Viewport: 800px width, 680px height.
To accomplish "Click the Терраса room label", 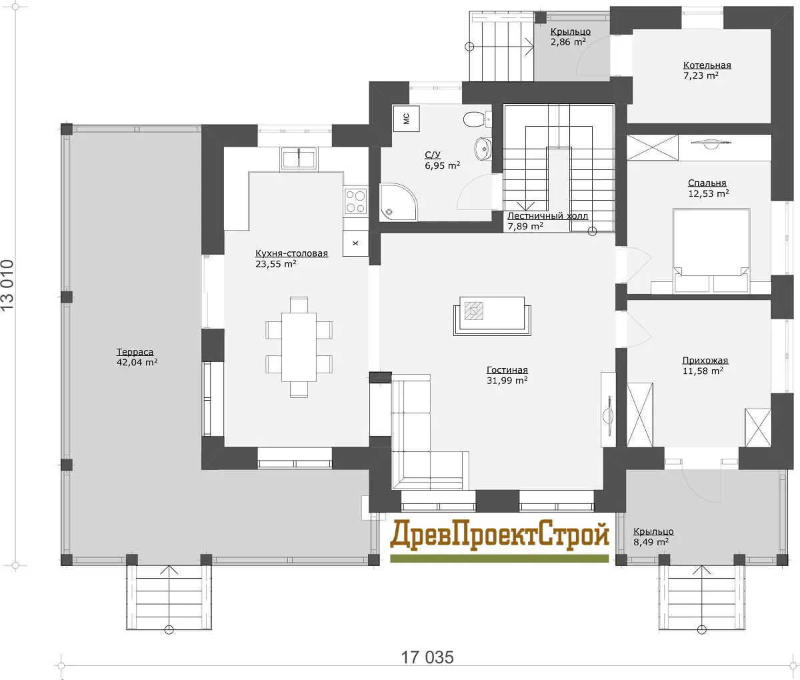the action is (135, 352).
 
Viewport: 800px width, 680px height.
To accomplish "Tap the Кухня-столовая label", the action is (291, 253).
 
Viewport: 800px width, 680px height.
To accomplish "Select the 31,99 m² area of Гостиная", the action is (507, 380).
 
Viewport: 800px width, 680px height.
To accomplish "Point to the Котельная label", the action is (707, 65).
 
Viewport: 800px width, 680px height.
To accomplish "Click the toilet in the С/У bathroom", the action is (475, 119).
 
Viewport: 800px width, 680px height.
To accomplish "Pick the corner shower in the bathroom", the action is (398, 202).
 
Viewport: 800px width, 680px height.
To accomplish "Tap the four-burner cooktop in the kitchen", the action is (356, 201).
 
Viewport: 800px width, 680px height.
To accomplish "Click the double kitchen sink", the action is (299, 159).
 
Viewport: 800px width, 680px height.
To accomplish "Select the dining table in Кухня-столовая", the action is (299, 347).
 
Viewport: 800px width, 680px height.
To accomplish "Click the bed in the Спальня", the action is (711, 251).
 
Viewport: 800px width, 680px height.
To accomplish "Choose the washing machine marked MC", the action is (406, 119).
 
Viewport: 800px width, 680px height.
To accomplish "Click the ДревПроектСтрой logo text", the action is (499, 535).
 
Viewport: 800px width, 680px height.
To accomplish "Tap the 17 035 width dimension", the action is (427, 657).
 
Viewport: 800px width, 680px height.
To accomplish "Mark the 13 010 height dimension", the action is (8, 285).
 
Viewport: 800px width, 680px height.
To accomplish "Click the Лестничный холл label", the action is (547, 215).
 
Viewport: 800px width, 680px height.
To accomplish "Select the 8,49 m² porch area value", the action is (651, 542).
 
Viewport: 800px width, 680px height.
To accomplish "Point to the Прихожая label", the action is (705, 360).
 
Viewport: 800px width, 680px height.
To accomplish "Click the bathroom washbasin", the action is (483, 147).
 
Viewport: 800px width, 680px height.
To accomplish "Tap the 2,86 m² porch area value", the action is (568, 41).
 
